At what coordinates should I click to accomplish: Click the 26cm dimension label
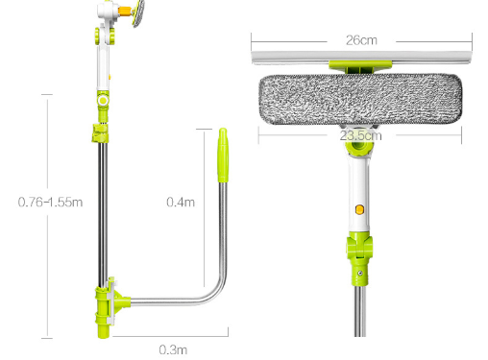coord(361,40)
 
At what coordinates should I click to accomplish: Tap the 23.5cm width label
coord(361,135)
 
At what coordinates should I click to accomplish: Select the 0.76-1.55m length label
coord(50,203)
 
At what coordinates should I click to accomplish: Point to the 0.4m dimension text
coord(181,203)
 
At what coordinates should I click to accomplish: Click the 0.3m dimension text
coord(173,349)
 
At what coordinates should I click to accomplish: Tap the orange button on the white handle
coord(359,209)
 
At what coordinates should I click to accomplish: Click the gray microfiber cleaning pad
coord(360,99)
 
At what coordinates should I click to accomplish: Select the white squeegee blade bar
coord(361,57)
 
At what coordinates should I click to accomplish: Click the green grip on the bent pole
coord(223,156)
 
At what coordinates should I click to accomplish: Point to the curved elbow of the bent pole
coord(218,292)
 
